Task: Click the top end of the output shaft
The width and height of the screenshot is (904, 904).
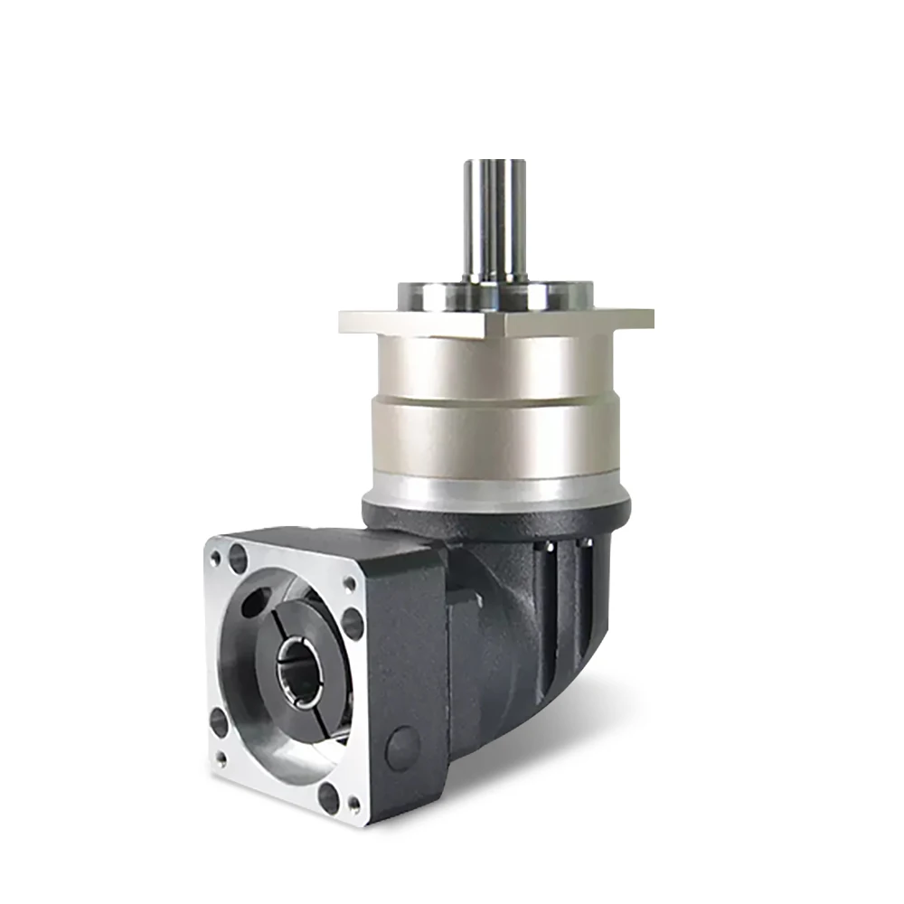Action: coord(494,164)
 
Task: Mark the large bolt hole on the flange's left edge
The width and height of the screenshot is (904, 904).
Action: coord(219,722)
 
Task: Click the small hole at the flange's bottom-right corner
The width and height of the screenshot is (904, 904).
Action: coord(353,803)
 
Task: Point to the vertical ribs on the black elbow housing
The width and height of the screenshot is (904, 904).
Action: coord(565,597)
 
